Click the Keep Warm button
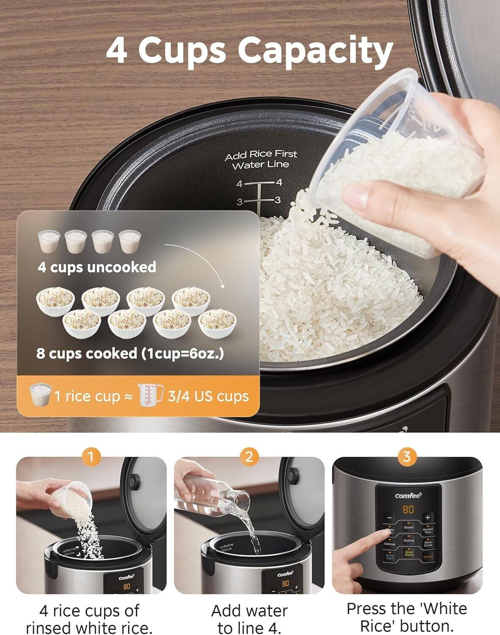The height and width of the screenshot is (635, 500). tap(409, 553)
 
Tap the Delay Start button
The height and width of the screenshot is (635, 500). tap(390, 556)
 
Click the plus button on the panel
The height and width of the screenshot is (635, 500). tap(427, 517)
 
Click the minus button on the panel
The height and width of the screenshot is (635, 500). tap(390, 517)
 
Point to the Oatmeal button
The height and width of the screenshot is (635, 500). tap(390, 543)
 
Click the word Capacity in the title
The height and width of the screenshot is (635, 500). tap(315, 51)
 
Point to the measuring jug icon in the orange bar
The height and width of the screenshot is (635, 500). tap(150, 395)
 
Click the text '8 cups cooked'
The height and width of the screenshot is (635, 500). tap(87, 353)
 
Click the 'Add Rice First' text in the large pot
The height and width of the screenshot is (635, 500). tap(261, 155)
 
